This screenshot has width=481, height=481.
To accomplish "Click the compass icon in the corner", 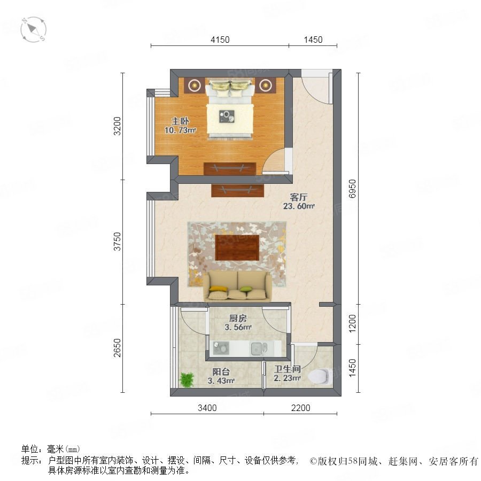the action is coord(33,30).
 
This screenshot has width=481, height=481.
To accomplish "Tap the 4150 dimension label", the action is coord(220,40).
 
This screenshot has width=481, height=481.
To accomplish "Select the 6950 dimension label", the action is coord(353,189).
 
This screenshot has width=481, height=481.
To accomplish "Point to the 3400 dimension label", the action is coord(207,408).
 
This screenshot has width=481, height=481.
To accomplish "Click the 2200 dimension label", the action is coord(300,408).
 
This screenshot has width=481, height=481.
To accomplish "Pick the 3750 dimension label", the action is coord(118,242).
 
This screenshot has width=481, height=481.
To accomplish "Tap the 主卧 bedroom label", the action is coord(180,121).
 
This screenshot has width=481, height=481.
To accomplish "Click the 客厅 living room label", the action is coord(298,197).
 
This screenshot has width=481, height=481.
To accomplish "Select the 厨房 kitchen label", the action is coord(238,319).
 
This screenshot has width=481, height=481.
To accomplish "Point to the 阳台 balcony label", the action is coord(221,372).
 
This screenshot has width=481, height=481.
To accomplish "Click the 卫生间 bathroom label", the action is coord(287,369).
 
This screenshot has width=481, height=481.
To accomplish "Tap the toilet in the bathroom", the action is coord(320,376).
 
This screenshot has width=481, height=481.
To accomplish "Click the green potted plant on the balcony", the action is coord(187,379).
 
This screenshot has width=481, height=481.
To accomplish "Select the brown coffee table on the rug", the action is coord(237,247).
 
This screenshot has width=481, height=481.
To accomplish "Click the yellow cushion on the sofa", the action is coord(218,289).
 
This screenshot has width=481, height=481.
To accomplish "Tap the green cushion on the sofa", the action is coord(246,289).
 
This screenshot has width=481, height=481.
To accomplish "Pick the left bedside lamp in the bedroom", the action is coord(195,86).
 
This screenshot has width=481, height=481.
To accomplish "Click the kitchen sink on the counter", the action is coord(259,348).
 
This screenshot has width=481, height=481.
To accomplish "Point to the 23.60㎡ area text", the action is coord(298,206).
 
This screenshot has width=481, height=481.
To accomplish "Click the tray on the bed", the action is coord(227,117).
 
